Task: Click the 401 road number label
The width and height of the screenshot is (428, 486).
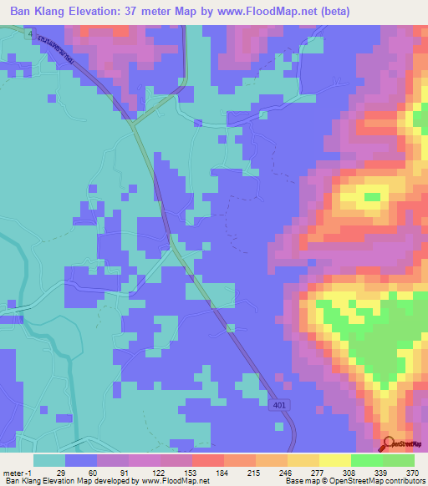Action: pos(277,404)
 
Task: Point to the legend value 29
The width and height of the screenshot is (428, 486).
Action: pos(50,473)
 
